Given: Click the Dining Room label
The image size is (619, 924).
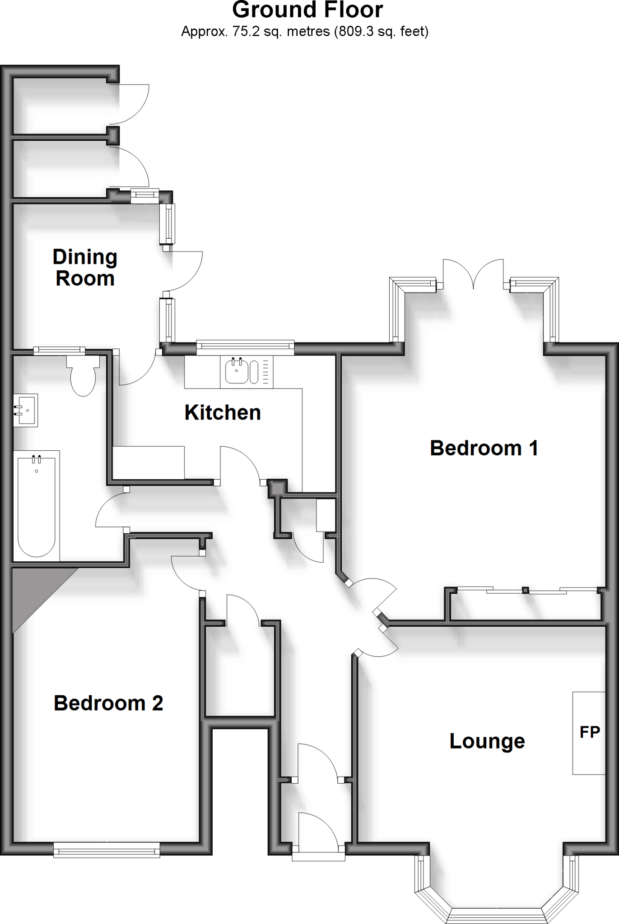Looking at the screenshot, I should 85,268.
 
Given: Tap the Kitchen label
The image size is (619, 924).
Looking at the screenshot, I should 223,412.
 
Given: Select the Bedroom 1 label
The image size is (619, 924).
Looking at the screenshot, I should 484,448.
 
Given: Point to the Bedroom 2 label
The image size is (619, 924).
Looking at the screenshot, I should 108,703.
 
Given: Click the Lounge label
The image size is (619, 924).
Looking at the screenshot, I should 487,741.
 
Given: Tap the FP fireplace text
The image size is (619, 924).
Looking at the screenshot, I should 590,732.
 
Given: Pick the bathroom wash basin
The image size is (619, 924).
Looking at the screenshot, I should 26,410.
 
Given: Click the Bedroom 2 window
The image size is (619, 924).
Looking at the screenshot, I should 107,850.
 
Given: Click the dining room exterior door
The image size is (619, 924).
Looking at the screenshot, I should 185,271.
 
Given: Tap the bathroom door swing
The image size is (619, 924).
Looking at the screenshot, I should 111,510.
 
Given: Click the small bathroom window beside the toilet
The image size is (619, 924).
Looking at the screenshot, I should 59,350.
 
